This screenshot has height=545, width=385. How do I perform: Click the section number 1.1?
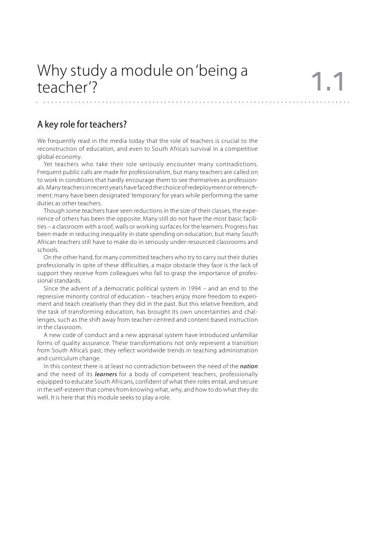pyautogui.click(x=328, y=82)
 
